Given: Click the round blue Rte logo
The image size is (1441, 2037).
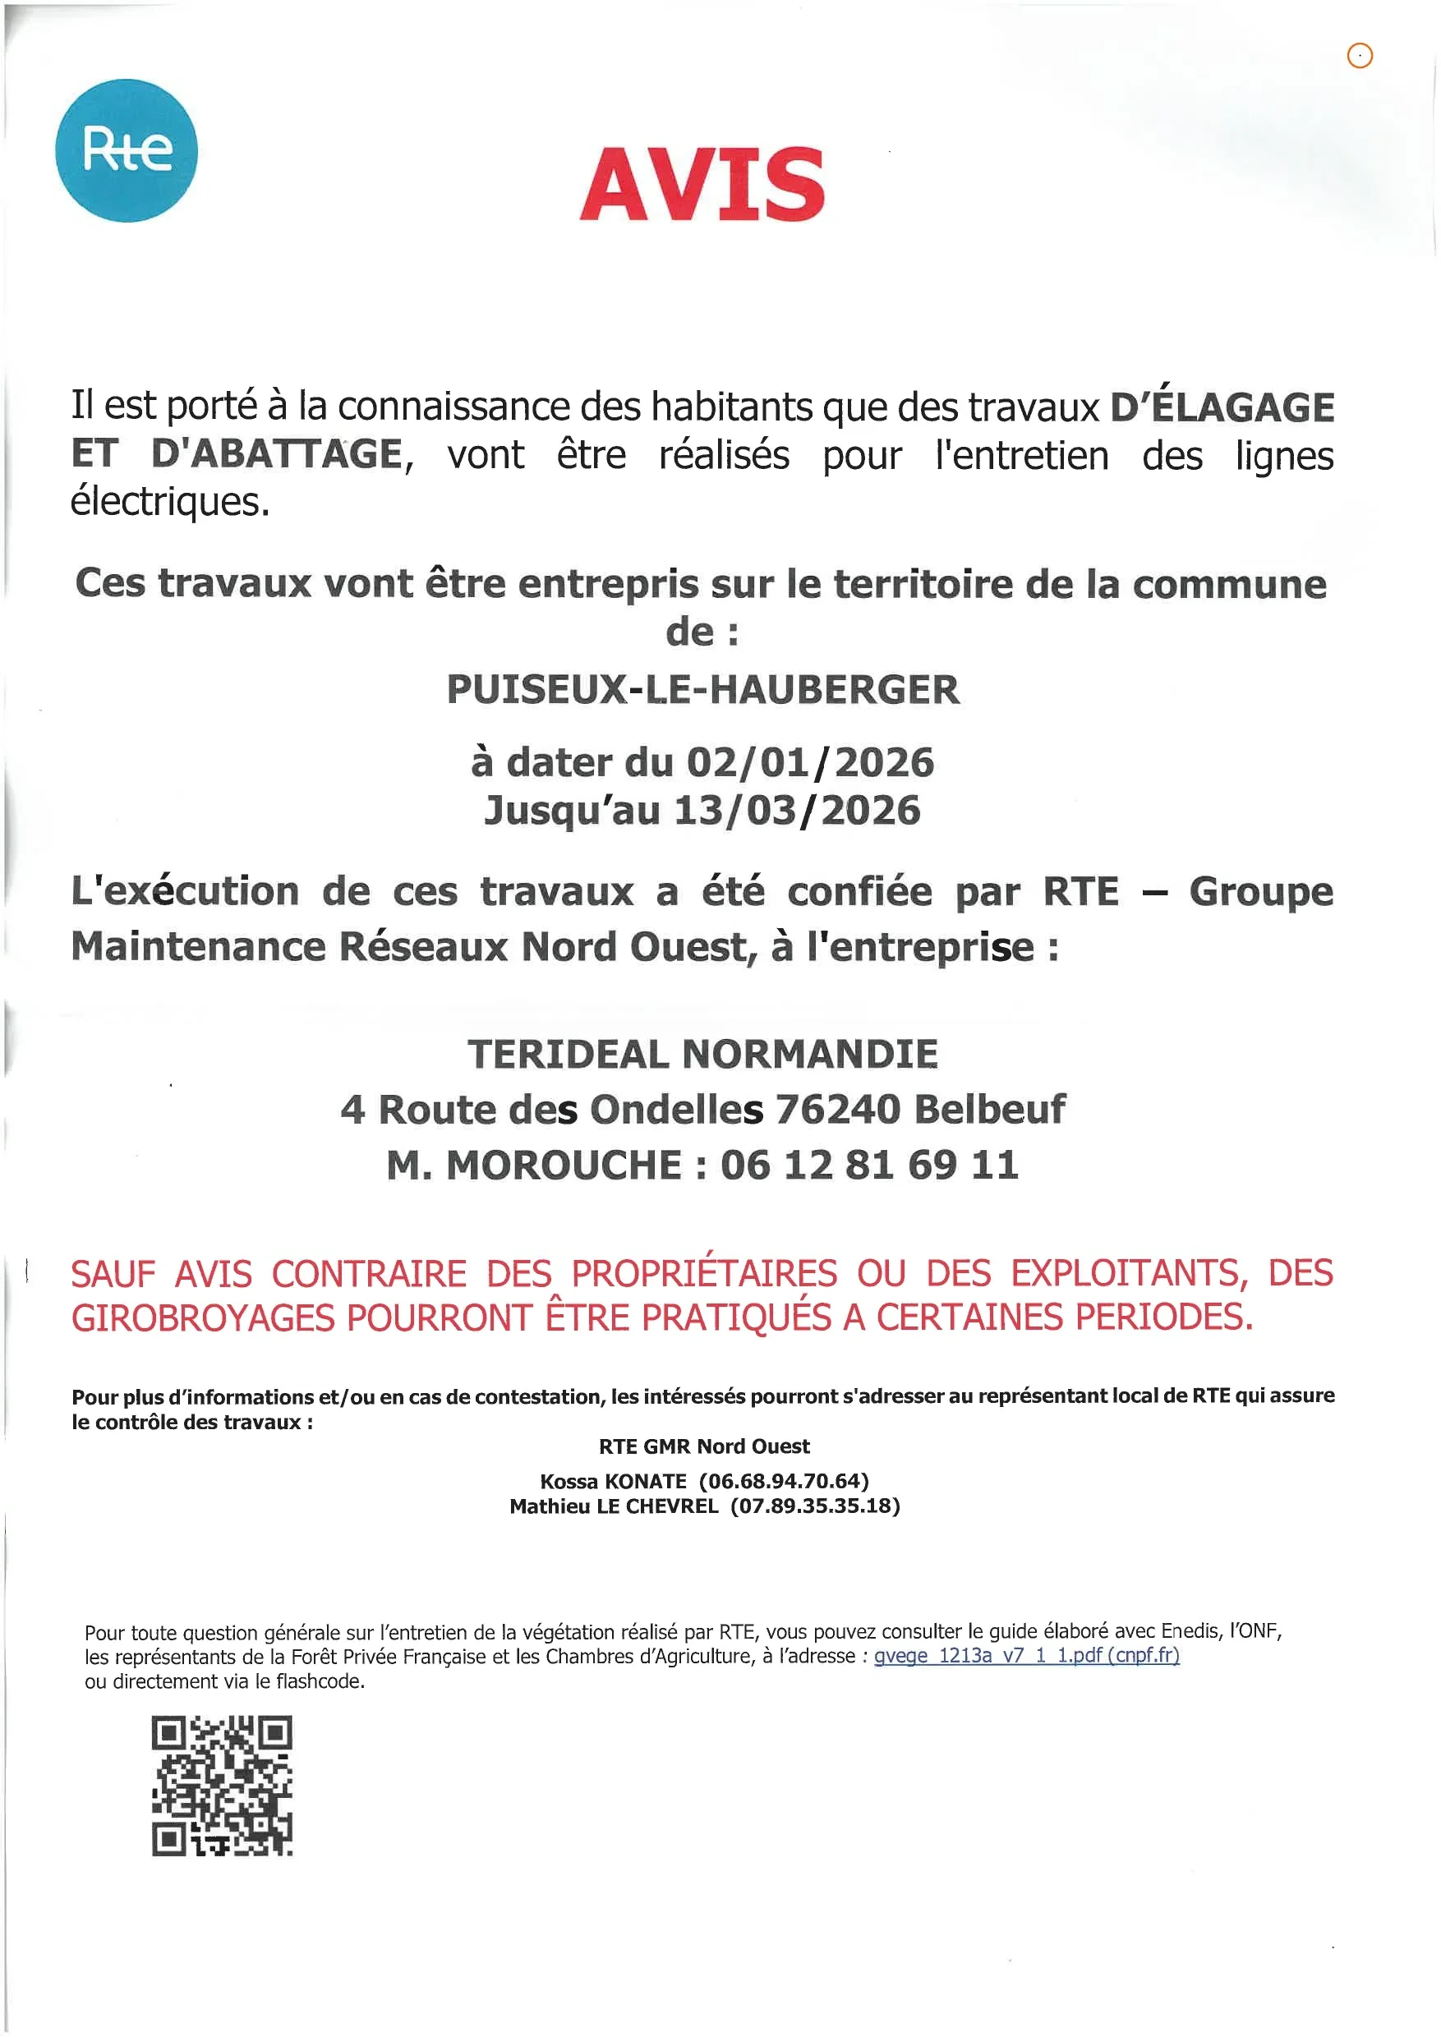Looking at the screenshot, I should tap(126, 150).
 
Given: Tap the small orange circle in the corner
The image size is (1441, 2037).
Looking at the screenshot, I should tap(1360, 56).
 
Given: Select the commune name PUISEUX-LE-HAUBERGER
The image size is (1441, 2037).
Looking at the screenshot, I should tap(702, 690).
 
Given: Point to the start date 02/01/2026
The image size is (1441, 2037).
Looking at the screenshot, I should tap(810, 763).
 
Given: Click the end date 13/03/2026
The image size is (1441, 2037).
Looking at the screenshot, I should tap(797, 811).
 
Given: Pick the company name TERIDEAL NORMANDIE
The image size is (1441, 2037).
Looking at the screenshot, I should tap(702, 1055).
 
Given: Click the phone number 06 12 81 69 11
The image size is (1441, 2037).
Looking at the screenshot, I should tap(868, 1166).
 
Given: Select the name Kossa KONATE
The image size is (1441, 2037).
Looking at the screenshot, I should tap(613, 1482).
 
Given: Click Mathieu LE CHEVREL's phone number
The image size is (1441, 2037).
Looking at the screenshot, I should tap(814, 1506).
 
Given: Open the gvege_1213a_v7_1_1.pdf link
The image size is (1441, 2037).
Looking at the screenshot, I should tap(1026, 1656).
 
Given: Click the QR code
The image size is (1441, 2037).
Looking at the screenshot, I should tap(222, 1786).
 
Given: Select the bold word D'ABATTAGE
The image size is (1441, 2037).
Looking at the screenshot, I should tap(277, 454).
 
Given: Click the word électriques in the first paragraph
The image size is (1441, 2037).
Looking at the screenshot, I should tap(168, 502).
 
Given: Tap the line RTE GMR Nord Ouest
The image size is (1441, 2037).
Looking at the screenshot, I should tap(703, 1447).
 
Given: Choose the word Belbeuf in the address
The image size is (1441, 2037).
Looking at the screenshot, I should tap(989, 1110).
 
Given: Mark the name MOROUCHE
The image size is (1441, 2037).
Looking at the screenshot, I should tap(564, 1166).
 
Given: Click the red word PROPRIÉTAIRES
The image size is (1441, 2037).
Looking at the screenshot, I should tap(703, 1274).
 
